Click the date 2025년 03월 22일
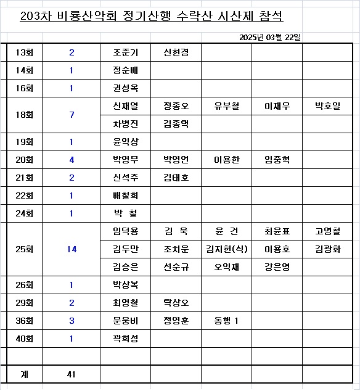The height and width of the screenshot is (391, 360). tap(270, 38)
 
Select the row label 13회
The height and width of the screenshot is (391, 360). tap(25, 53)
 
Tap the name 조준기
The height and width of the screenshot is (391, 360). tap(126, 53)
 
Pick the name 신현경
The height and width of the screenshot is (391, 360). tap(176, 53)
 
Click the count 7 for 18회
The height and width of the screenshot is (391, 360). tap(72, 115)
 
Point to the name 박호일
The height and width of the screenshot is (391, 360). tap(327, 106)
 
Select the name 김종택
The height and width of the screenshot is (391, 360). tap(176, 124)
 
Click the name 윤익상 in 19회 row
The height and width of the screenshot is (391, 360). tap(126, 142)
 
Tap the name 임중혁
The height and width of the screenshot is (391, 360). tap(277, 160)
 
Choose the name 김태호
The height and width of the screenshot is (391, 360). tap(176, 178)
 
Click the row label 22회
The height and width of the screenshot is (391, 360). tap(25, 196)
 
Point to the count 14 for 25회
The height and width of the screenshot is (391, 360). tap(72, 249)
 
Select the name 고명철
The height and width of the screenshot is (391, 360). tap(327, 231)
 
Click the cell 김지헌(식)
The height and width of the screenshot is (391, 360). tap(226, 249)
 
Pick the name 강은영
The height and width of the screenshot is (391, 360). tap(277, 267)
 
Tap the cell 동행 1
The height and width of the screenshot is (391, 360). tap(226, 321)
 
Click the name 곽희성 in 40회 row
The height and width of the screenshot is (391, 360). tap(126, 339)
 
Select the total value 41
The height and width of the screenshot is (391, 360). tap(72, 374)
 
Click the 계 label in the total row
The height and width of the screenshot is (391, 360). tap(24, 374)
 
